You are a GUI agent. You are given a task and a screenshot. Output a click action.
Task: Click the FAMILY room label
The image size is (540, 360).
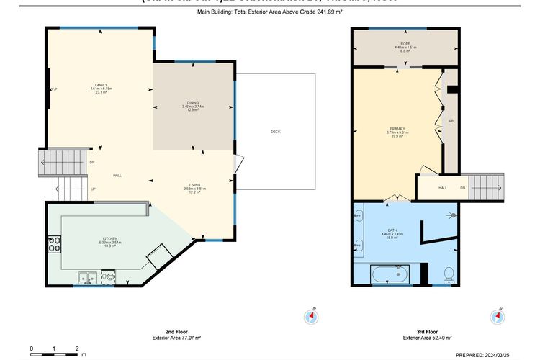(x=101, y=85)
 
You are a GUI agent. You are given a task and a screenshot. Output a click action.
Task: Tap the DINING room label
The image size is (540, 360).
(x=193, y=103)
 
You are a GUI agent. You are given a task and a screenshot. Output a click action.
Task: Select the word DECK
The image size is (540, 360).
(x=275, y=132)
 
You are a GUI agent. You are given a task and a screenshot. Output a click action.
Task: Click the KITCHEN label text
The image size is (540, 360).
(x=110, y=238)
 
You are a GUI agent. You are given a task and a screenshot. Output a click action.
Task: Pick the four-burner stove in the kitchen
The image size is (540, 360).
(x=55, y=243)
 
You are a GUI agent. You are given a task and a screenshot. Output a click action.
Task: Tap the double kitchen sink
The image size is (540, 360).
(x=89, y=275)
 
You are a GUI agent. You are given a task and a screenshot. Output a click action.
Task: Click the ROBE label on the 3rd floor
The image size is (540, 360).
(x=405, y=44)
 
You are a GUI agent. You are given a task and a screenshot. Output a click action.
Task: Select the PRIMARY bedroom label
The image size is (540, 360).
(x=397, y=130)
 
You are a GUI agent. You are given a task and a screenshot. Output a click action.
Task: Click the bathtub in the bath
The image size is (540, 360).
(x=389, y=274)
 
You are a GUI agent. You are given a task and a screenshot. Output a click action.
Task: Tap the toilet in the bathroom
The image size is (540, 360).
(x=447, y=273)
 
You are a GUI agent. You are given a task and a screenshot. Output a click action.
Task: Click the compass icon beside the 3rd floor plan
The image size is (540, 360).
(x=497, y=316)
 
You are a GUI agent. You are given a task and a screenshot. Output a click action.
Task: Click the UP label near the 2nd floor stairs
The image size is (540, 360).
(x=93, y=189)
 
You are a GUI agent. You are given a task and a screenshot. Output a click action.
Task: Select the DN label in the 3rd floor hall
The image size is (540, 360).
(x=463, y=187)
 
